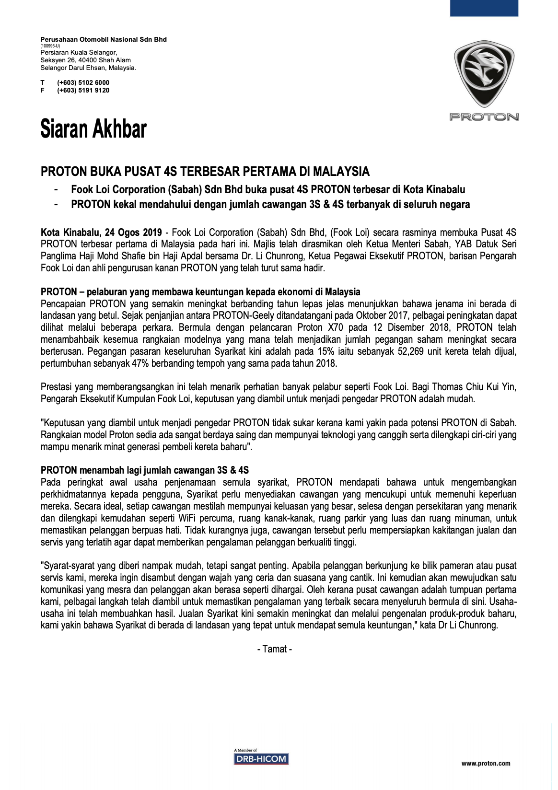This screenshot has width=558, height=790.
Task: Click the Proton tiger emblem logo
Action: (x=484, y=74)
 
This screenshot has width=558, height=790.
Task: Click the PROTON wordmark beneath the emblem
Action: (x=484, y=116)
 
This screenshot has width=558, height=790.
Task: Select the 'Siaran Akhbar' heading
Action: (x=93, y=129)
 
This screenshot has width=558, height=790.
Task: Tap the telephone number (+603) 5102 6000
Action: (x=83, y=82)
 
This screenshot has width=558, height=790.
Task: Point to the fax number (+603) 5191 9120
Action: (x=83, y=90)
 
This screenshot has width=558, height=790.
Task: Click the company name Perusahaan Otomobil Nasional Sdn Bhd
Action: (x=104, y=39)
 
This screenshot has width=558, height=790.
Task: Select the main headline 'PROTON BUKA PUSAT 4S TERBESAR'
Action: (x=205, y=171)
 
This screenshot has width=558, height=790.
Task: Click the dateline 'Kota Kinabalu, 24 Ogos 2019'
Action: (x=101, y=232)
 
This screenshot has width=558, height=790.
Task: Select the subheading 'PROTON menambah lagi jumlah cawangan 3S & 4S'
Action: (x=145, y=470)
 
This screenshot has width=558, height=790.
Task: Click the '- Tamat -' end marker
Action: (x=275, y=649)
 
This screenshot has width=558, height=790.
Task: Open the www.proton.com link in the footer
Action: (x=486, y=763)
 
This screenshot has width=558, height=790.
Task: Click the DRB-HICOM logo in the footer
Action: (x=261, y=758)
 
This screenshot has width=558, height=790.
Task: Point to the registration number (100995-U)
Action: (x=50, y=46)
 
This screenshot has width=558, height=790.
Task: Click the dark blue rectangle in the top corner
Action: (x=484, y=8)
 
